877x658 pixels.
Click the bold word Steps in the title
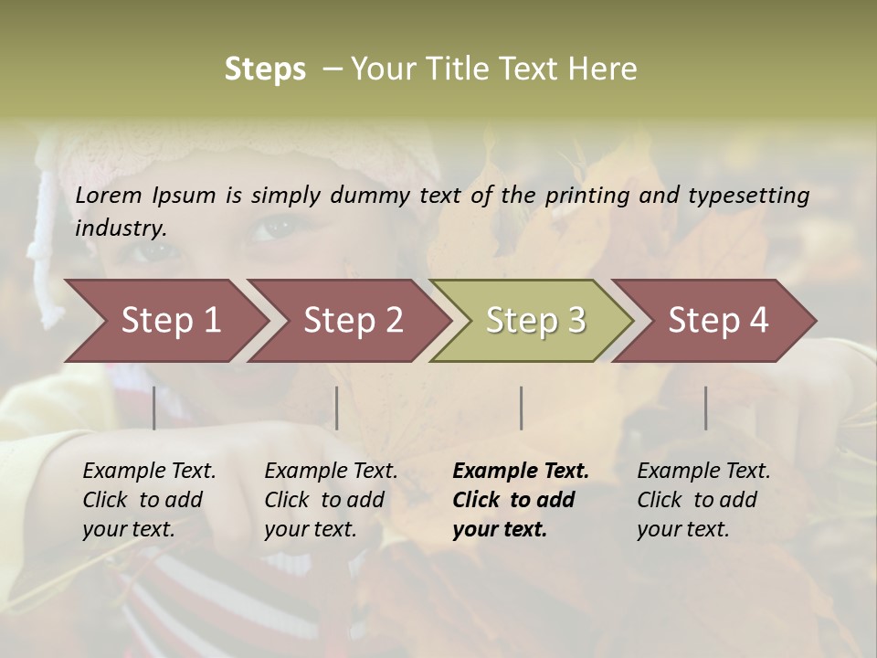[265, 69]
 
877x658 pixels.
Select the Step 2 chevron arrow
[353, 320]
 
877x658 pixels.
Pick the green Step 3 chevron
[535, 320]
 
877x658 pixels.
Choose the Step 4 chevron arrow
[718, 320]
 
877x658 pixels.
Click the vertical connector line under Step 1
[154, 408]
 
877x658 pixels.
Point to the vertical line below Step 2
[337, 408]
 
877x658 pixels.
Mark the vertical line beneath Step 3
[522, 408]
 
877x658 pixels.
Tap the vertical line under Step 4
[706, 408]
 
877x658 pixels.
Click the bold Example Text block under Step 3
[521, 500]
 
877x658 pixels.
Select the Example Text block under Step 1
[149, 500]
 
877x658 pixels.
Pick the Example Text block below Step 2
[331, 500]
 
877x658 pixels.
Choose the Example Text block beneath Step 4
[703, 500]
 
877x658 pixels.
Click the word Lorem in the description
[109, 195]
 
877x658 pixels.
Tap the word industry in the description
[121, 228]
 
